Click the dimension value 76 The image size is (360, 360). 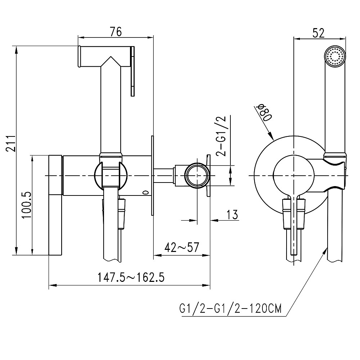[x=116, y=32]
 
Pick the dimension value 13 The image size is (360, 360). [x=232, y=215]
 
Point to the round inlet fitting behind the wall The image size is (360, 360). [x=197, y=175]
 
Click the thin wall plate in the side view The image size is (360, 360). [x=153, y=175]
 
